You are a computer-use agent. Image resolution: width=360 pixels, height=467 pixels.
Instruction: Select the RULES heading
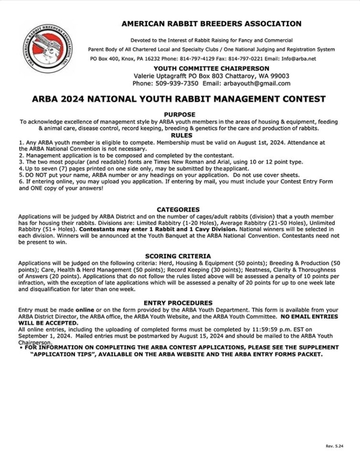click(179, 135)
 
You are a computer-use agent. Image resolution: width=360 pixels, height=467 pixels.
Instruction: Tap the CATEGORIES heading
click(178, 209)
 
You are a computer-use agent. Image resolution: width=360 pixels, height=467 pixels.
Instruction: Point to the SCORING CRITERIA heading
click(178, 256)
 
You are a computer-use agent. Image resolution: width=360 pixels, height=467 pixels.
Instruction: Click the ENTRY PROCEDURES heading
click(178, 303)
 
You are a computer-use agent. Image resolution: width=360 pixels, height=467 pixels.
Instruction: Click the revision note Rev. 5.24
click(334, 445)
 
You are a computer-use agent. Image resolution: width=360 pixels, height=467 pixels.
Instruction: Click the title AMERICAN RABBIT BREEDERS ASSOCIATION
click(211, 24)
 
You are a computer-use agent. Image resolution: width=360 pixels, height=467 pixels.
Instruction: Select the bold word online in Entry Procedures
click(85, 310)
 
